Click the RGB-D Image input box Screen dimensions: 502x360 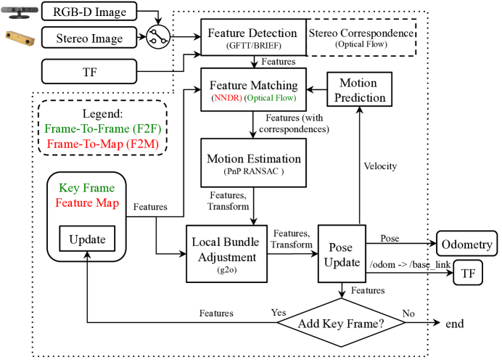coord(89,11)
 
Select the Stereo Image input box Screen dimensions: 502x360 coord(89,38)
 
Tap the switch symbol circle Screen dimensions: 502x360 coord(158,37)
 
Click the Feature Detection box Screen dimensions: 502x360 coord(253,37)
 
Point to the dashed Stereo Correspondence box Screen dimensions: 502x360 coord(361,38)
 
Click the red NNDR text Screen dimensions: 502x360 coord(226,98)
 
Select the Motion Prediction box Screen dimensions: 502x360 coord(360,89)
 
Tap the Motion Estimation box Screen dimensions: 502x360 coord(253,163)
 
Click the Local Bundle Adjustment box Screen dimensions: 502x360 coord(226,253)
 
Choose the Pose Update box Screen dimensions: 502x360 coord(342,253)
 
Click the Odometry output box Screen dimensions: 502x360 coord(466,243)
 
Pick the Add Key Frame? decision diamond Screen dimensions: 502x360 coord(341,322)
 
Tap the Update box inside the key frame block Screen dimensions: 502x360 coord(87,239)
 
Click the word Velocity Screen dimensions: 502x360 coord(380,166)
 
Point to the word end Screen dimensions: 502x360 coord(455,324)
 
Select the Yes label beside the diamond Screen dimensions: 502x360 coord(279,312)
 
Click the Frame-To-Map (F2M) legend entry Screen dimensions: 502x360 coord(103,144)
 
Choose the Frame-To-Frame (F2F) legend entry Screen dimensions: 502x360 coord(103,128)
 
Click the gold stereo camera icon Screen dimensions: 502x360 coord(20,38)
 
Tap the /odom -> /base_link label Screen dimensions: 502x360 coord(410,264)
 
